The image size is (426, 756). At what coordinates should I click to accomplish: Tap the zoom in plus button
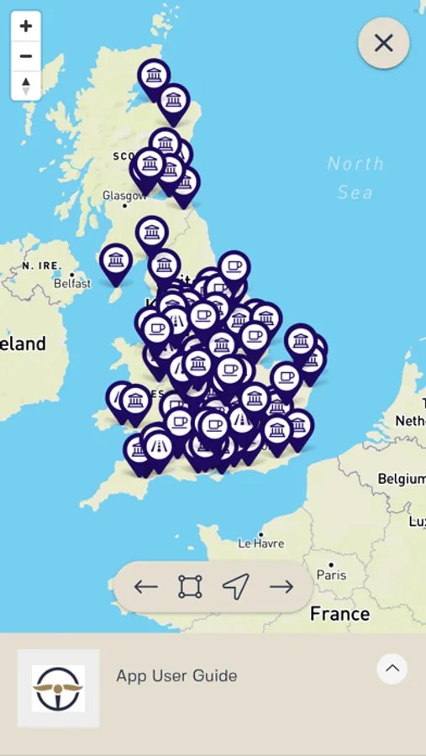click(26, 26)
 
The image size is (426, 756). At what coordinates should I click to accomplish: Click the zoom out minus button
click(26, 56)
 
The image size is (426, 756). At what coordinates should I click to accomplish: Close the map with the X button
click(383, 43)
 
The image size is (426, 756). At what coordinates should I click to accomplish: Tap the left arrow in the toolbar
click(145, 586)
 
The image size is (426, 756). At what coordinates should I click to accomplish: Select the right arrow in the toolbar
click(281, 586)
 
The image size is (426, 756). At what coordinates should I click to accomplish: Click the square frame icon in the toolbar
click(191, 586)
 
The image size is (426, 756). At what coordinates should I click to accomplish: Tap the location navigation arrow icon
click(236, 586)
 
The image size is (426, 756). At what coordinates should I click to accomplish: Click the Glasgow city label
click(124, 195)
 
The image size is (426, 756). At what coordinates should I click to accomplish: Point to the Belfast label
click(72, 284)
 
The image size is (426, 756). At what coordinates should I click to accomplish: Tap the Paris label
click(331, 575)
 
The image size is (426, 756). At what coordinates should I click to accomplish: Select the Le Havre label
click(261, 543)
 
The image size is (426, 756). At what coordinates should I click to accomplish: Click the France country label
click(339, 614)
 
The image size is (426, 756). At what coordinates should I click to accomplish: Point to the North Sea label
click(355, 177)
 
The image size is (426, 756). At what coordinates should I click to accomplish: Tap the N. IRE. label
click(42, 265)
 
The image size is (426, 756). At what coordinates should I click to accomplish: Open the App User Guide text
click(176, 675)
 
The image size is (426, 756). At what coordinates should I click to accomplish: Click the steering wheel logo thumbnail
click(58, 688)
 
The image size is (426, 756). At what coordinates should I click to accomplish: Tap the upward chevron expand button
click(392, 669)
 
